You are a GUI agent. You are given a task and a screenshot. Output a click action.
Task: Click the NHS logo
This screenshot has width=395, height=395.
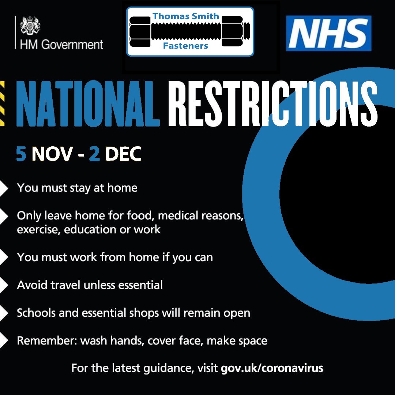tap(329, 33)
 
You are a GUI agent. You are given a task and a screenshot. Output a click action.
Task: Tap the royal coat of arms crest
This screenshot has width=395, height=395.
tap(30, 25)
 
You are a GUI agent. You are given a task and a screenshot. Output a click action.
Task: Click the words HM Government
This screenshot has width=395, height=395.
tap(61, 45)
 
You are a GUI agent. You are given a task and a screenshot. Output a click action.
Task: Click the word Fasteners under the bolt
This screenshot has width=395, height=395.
tap(185, 46)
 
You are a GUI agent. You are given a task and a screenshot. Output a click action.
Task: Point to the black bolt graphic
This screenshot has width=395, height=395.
tap(190, 31)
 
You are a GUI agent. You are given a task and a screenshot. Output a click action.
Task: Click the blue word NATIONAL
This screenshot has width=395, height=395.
tap(88, 104)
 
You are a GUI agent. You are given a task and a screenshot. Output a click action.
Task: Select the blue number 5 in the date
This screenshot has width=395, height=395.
tap(21, 154)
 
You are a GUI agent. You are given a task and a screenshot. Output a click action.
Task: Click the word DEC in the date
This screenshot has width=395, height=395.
tap(123, 154)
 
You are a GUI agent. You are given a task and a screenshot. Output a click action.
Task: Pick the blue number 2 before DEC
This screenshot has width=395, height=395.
tap(94, 154)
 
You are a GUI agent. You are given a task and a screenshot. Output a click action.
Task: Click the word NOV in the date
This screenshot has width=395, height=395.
tap(52, 154)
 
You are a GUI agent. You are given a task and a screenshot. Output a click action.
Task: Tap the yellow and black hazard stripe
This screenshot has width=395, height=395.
tap(2, 103)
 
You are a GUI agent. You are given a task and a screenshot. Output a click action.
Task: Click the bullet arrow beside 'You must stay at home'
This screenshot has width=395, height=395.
tap(4, 188)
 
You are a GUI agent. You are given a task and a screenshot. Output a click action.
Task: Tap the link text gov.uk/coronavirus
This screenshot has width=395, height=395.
tap(272, 368)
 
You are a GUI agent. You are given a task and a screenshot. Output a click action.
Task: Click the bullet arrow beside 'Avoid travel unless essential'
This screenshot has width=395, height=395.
tap(4, 285)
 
